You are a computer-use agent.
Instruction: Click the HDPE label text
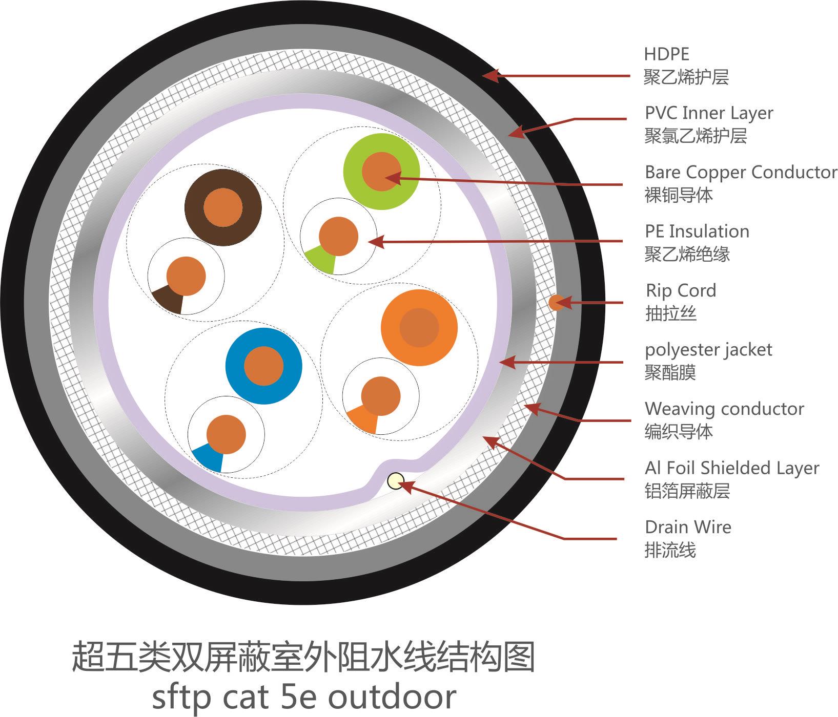click(666, 54)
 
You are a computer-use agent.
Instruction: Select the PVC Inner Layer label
click(709, 113)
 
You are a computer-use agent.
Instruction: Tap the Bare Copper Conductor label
click(741, 173)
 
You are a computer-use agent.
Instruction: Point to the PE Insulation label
click(697, 231)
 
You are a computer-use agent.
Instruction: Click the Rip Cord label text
click(681, 291)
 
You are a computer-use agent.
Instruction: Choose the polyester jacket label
click(708, 350)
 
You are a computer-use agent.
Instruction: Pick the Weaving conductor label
click(724, 409)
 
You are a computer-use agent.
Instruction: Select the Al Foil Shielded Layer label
click(732, 468)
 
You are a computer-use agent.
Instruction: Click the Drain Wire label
click(688, 527)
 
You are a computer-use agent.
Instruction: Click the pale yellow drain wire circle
click(396, 481)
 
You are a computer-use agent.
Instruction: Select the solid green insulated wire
click(381, 172)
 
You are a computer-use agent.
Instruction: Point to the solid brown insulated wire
click(223, 207)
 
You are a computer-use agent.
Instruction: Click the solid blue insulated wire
click(263, 366)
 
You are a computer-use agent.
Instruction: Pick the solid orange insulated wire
click(419, 328)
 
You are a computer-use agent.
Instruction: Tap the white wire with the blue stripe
click(226, 434)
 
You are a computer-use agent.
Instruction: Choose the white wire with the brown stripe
click(186, 276)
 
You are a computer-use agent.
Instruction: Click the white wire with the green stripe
click(338, 236)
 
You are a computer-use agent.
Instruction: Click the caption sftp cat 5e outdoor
click(304, 696)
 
